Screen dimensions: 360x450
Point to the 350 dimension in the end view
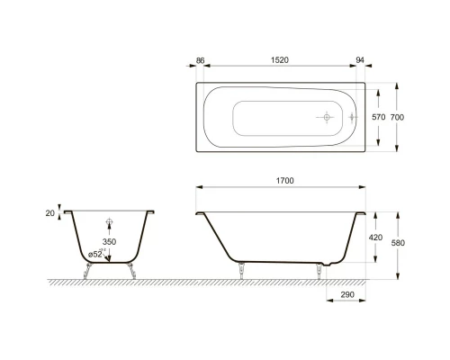tap(109, 242)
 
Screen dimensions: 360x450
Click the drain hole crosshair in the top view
tap(325, 117)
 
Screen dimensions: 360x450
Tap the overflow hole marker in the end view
tap(109, 220)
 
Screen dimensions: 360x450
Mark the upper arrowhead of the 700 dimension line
tap(393, 88)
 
